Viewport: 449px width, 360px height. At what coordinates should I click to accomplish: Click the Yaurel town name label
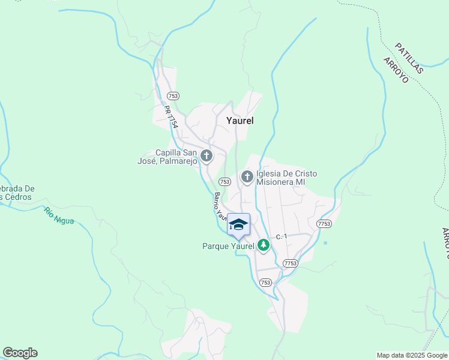pyautogui.click(x=240, y=121)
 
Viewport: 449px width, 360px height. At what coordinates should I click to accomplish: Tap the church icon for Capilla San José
pyautogui.click(x=206, y=157)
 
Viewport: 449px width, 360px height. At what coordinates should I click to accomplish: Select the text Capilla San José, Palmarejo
pyautogui.click(x=176, y=157)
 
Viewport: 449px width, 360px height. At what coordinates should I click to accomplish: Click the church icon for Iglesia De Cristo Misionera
pyautogui.click(x=247, y=177)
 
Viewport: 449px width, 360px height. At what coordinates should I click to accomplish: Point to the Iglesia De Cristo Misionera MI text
pyautogui.click(x=286, y=178)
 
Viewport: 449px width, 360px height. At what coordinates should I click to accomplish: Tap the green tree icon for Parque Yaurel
pyautogui.click(x=263, y=245)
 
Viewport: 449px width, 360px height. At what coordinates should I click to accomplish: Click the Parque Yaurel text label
pyautogui.click(x=229, y=246)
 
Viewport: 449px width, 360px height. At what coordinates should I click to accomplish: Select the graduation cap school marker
pyautogui.click(x=238, y=224)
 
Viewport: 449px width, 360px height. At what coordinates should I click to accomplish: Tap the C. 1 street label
pyautogui.click(x=282, y=237)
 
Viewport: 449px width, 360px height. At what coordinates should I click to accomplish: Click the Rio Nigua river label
pyautogui.click(x=59, y=215)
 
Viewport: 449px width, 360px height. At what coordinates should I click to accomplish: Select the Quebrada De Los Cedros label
pyautogui.click(x=17, y=193)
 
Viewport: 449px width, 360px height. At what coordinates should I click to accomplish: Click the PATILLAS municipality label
pyautogui.click(x=409, y=58)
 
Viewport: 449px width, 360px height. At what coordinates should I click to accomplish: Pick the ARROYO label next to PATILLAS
pyautogui.click(x=396, y=70)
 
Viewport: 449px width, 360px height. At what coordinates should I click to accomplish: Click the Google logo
pyautogui.click(x=20, y=353)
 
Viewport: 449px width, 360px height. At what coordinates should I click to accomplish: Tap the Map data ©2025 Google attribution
pyautogui.click(x=412, y=355)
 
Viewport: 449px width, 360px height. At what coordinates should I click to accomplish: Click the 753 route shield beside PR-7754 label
pyautogui.click(x=173, y=96)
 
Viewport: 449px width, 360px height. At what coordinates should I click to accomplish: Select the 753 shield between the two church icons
pyautogui.click(x=224, y=181)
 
